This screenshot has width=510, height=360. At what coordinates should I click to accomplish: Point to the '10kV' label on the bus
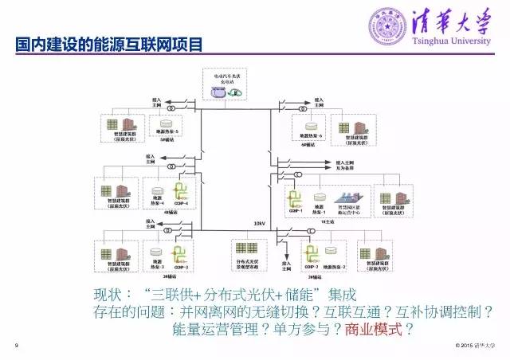[259, 223]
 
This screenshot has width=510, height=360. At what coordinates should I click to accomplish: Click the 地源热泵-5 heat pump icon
[167, 124]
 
